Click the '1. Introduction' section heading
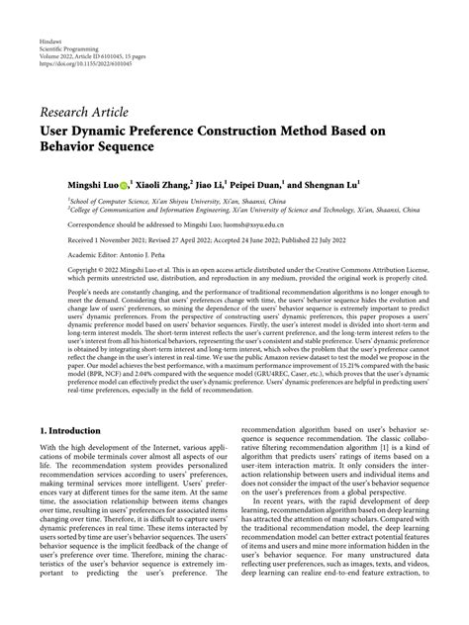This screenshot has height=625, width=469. pos(72,432)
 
